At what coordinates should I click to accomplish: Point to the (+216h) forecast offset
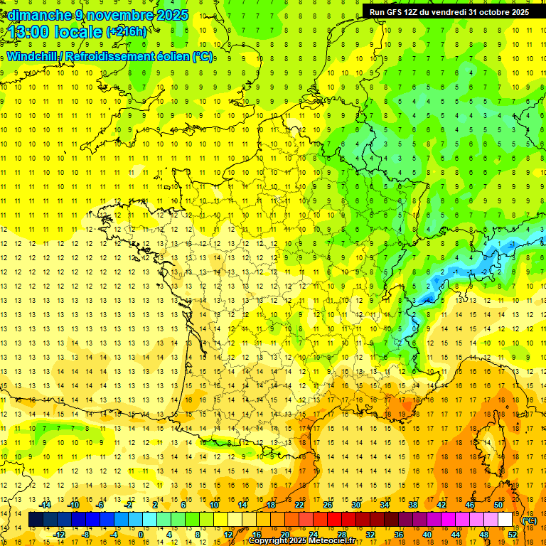pos(126,32)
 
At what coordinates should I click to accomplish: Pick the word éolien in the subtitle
pos(171,56)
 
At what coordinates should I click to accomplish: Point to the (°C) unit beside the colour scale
pos(529,520)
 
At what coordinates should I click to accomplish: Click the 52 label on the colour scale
pos(513,534)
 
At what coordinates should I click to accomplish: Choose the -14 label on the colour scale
pos(45,505)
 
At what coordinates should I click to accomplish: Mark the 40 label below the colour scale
pos(427,534)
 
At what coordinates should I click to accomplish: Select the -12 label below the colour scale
pos(60,534)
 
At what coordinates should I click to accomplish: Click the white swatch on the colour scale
pos(505,520)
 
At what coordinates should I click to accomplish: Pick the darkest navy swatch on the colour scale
pos(36,520)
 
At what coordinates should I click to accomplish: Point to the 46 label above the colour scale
pos(469,505)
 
